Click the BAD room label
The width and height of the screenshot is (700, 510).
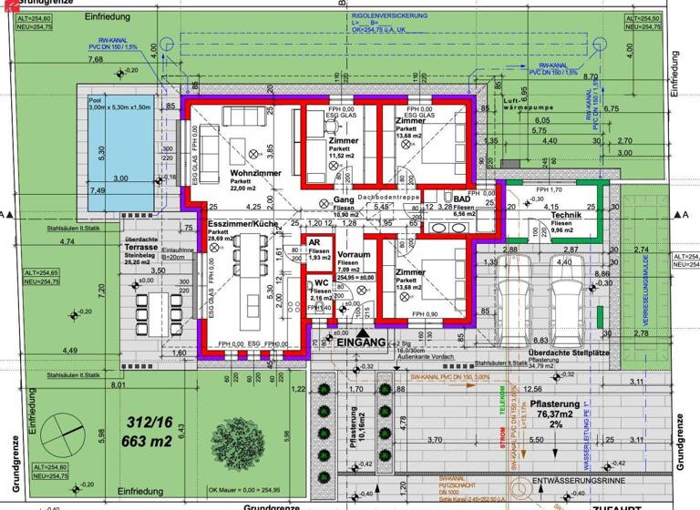coord(462,199)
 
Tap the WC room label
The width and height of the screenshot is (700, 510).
coord(321,282)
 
